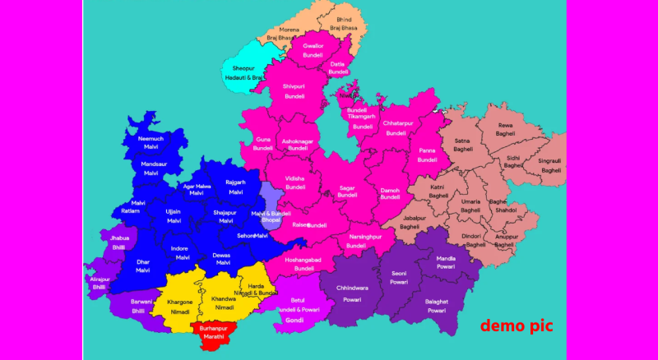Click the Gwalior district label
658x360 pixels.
point(313,45)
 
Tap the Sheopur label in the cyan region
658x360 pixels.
point(243,68)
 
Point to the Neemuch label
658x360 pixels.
point(151,139)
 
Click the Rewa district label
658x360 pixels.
point(505,125)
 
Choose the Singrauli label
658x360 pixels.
point(550,161)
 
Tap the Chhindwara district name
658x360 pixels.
point(352,288)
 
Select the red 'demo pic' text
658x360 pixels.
point(517,325)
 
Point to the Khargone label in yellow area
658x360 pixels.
point(179,302)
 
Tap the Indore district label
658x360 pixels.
point(179,248)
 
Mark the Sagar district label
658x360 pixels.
point(347,188)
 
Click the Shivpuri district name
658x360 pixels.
point(294,85)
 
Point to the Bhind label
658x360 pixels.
point(344,18)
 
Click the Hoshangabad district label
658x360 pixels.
point(304,260)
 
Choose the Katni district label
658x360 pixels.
point(438,187)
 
